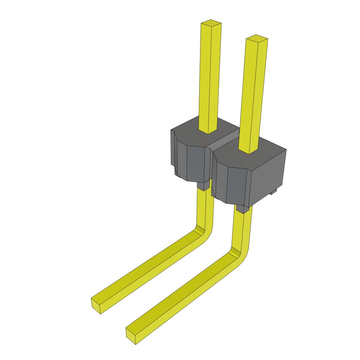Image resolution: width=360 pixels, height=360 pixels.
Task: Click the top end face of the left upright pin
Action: point(211,24)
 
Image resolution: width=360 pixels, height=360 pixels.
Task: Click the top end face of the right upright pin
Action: point(257,38)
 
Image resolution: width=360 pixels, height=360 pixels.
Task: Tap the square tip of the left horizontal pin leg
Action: point(96,306)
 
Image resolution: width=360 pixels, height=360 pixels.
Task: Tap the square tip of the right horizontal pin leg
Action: point(130,336)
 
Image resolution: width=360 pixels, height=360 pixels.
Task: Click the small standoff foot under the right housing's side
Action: point(273,192)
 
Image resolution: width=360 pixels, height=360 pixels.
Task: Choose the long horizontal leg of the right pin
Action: point(183,295)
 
